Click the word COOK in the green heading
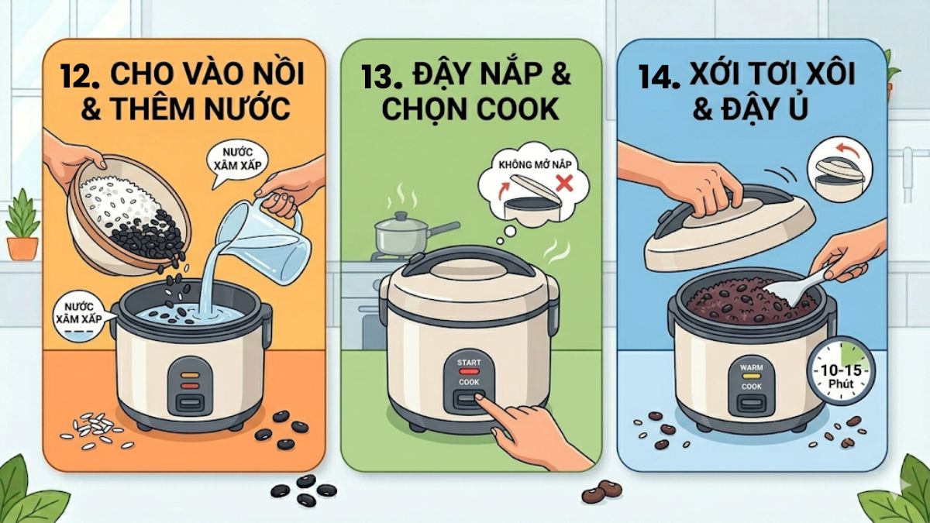516,110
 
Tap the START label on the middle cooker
469,363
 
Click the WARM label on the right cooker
752,367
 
